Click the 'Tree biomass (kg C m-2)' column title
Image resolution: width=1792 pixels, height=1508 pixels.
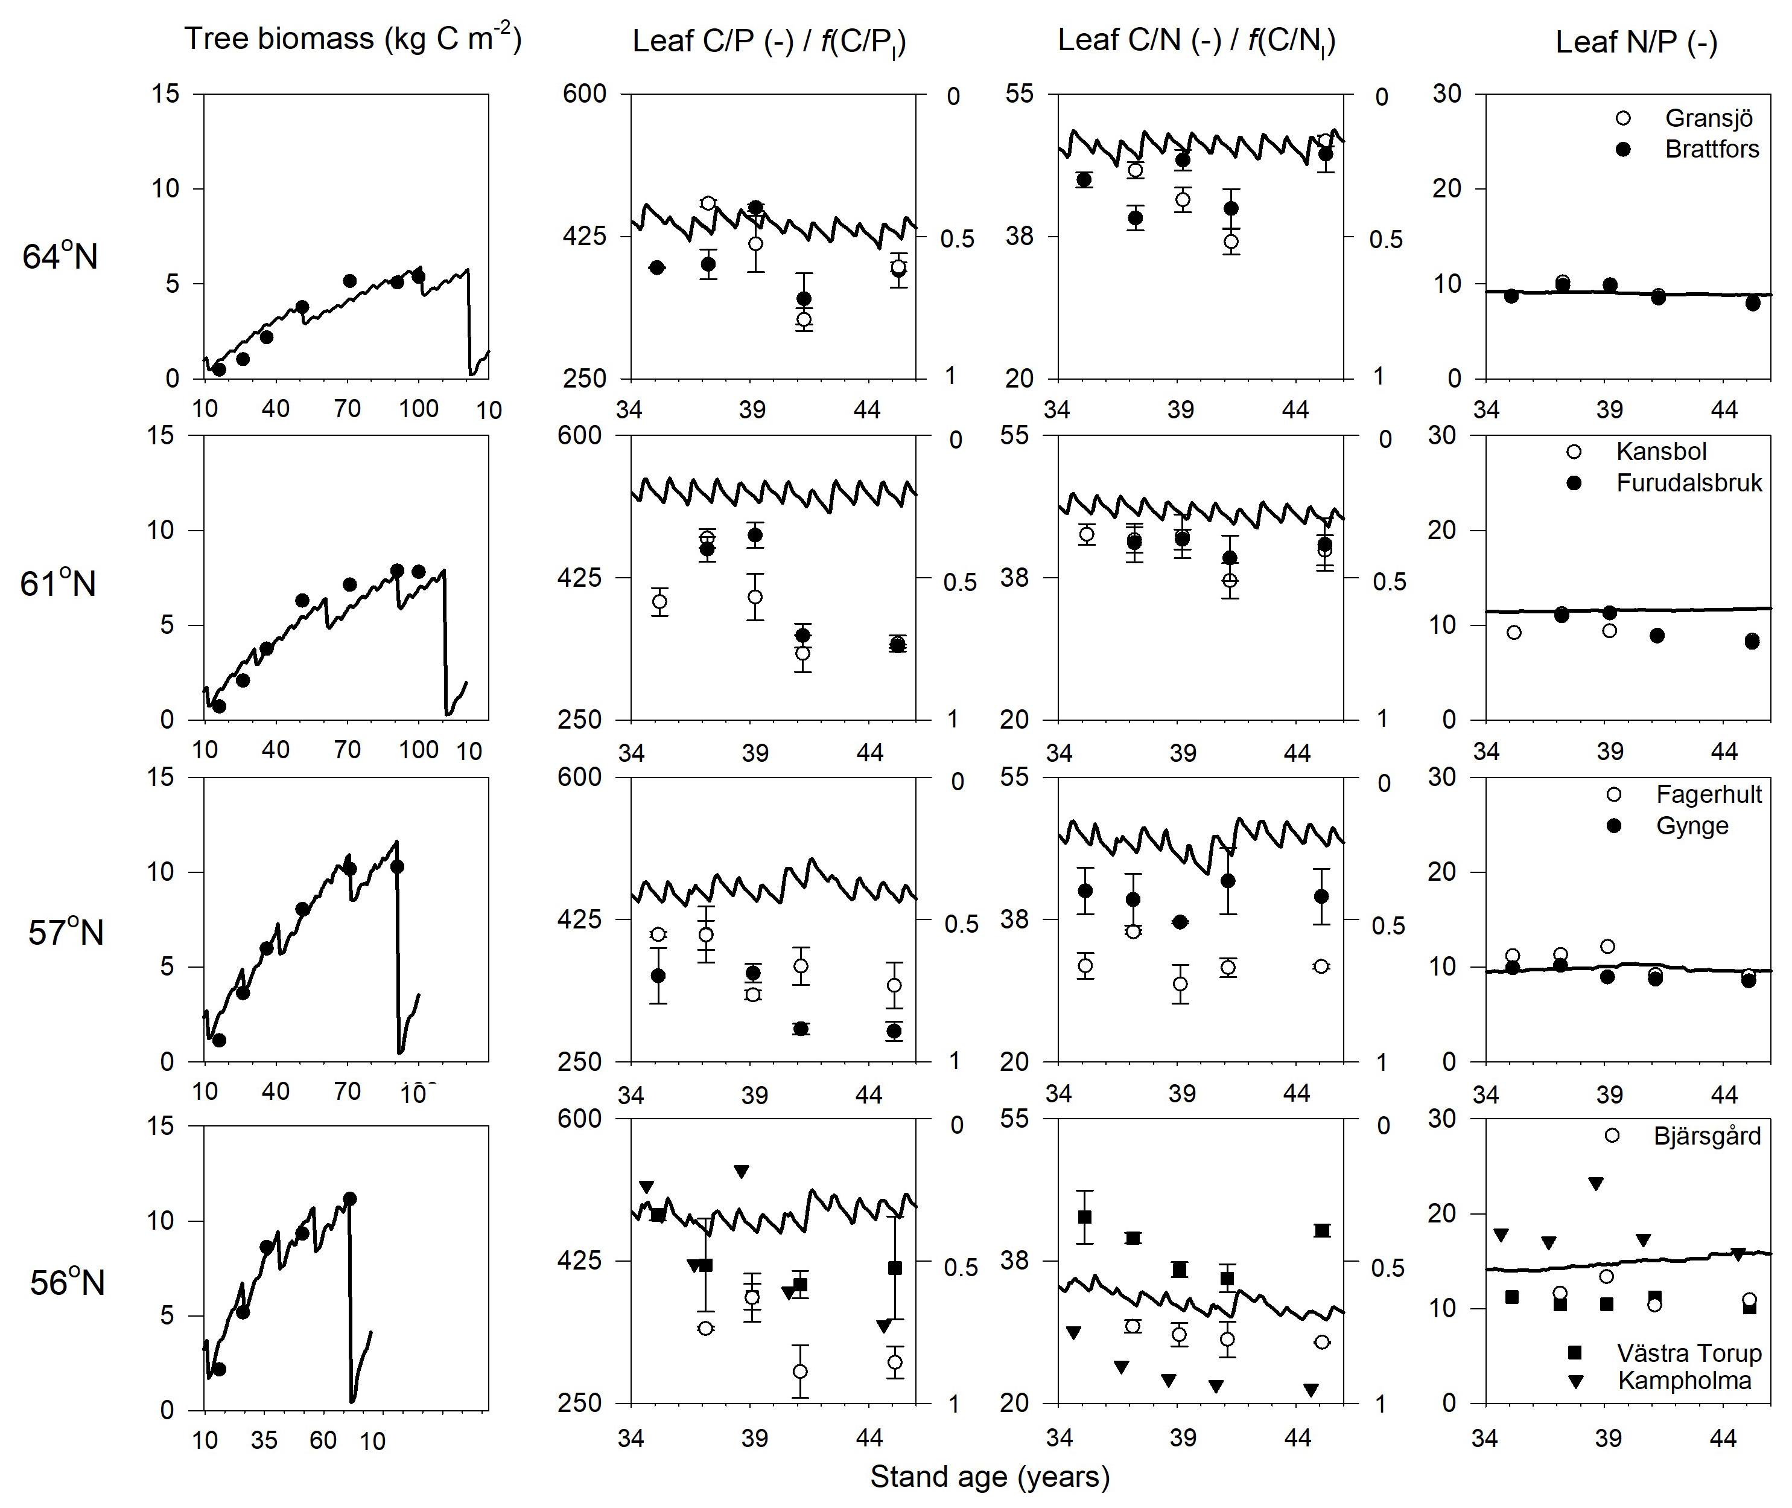click(x=352, y=39)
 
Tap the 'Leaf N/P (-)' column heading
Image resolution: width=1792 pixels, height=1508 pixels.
click(x=1636, y=42)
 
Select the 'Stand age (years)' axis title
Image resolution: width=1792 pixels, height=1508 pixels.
click(x=990, y=1477)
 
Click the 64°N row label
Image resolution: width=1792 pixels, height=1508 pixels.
click(x=60, y=257)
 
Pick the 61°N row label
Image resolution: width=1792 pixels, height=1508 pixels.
click(x=58, y=584)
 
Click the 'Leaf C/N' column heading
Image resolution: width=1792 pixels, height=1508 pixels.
click(x=1196, y=41)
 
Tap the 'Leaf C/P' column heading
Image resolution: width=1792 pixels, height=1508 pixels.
click(x=769, y=41)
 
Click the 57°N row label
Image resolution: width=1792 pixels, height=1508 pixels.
click(x=65, y=932)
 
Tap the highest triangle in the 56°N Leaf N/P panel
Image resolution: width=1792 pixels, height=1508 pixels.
click(x=1595, y=1184)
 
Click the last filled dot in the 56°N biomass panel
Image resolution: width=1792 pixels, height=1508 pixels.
click(x=349, y=1198)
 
